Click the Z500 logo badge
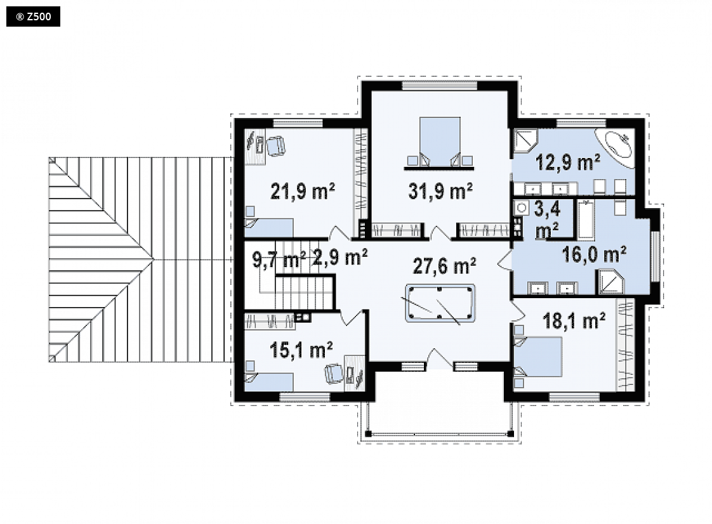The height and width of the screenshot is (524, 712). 33,16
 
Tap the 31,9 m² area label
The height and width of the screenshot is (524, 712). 440,191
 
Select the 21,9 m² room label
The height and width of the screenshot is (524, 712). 303,191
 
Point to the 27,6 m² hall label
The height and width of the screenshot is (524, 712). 445,266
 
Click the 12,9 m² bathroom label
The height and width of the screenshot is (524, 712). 567,162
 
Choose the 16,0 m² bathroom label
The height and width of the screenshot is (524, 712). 595,255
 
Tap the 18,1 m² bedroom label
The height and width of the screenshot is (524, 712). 574,321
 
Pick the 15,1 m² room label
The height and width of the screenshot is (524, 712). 301,350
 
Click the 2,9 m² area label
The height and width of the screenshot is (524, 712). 340,258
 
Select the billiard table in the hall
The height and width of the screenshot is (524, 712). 440,303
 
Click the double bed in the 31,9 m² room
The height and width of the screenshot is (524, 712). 440,141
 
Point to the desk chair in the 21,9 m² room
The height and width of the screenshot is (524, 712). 275,146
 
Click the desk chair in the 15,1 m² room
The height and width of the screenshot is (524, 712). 334,373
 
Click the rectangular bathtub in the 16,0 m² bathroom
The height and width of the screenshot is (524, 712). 586,219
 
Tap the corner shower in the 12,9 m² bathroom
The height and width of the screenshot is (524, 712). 525,140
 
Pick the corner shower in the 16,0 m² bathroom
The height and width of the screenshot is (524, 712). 610,282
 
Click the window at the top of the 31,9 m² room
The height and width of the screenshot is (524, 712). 440,86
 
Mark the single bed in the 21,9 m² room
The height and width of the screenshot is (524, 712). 269,227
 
